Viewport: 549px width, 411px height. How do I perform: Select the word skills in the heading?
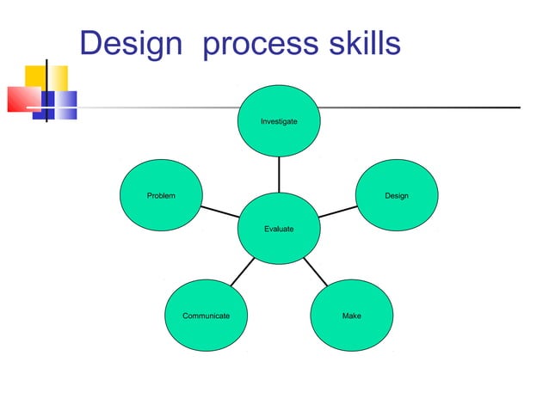coord(365,43)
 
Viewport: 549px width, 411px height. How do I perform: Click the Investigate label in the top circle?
coord(279,122)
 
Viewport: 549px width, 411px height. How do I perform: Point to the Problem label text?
coord(161,196)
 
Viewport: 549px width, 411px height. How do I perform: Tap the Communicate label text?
coord(206,316)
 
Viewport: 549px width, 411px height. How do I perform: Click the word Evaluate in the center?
coord(279,229)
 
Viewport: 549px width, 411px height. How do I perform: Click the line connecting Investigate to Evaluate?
coord(279,175)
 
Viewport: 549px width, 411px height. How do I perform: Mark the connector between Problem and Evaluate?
coord(219,212)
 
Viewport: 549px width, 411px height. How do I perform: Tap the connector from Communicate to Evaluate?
coord(242,273)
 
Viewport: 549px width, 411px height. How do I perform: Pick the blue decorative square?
coord(64,104)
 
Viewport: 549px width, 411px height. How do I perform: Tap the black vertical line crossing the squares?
coord(46,90)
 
